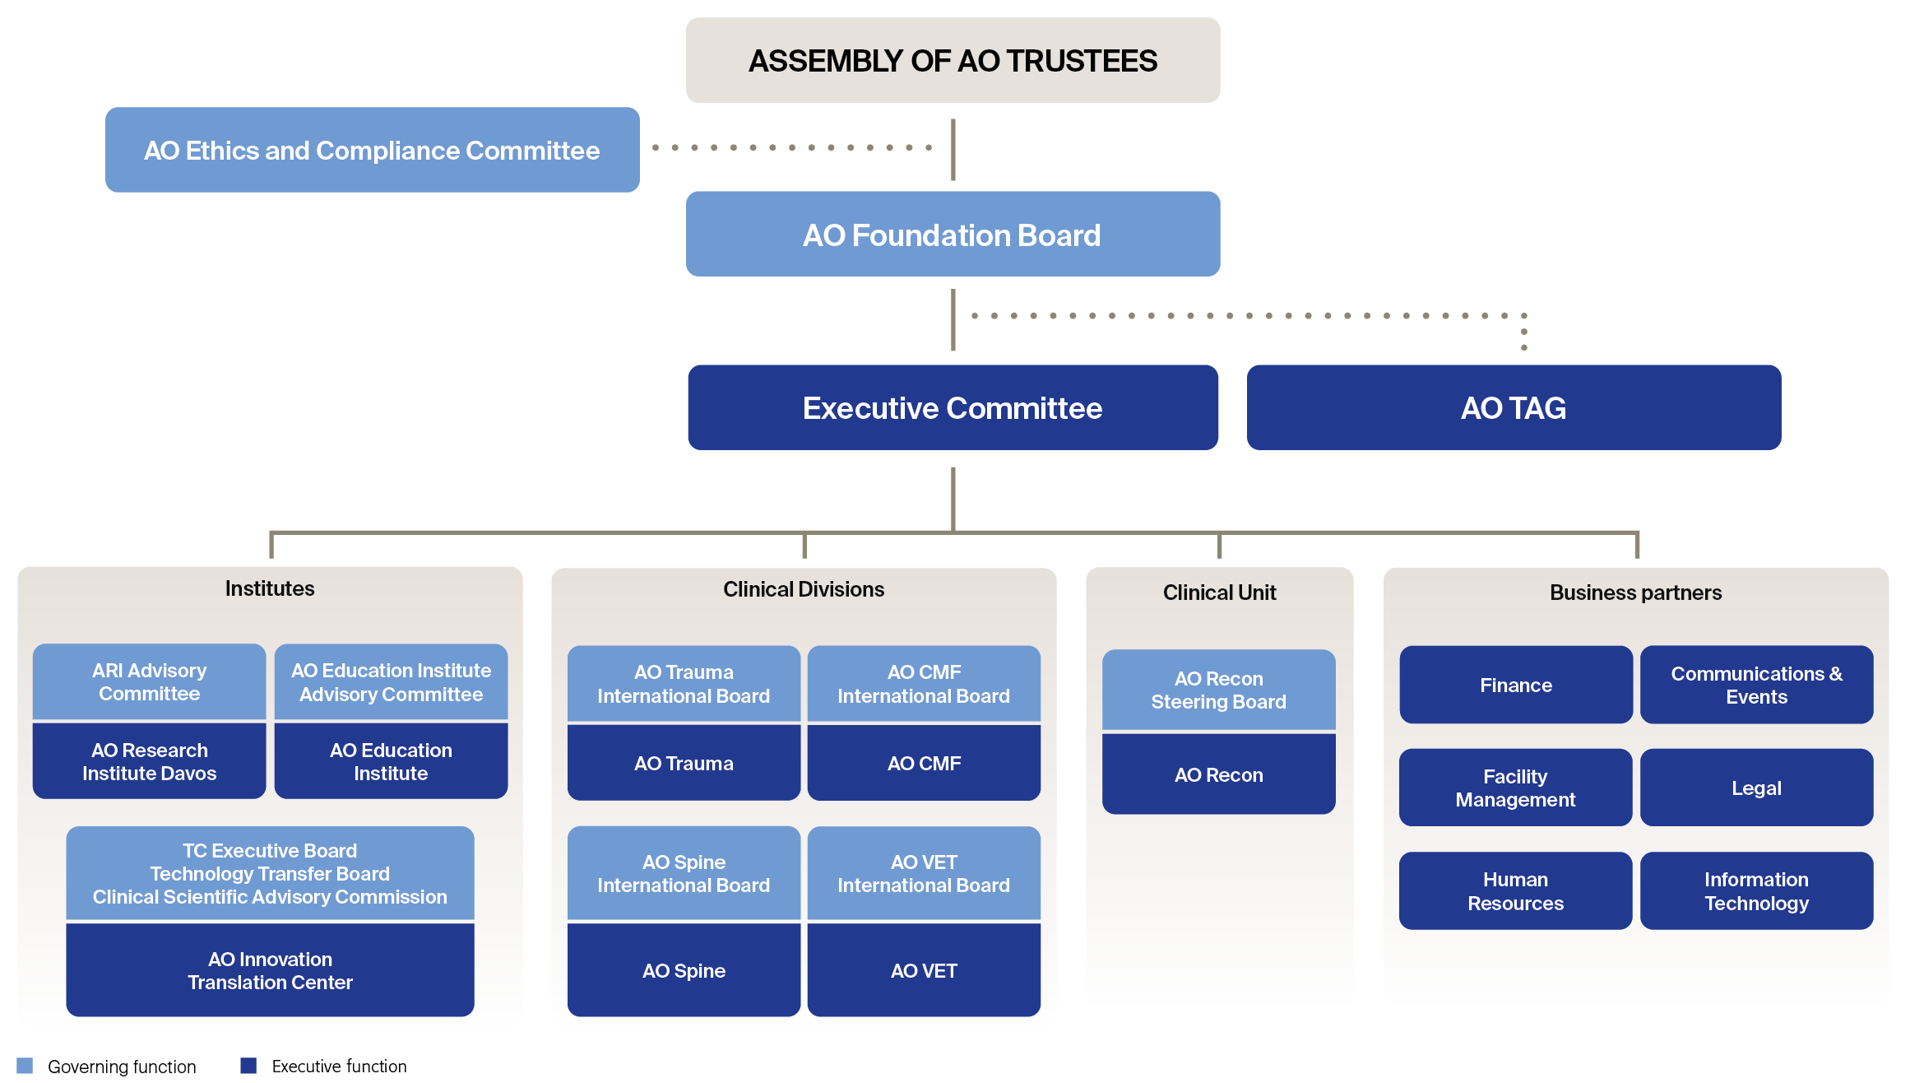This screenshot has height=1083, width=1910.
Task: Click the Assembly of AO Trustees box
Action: coord(953,60)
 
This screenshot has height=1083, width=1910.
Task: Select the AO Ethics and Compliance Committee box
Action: coord(372,150)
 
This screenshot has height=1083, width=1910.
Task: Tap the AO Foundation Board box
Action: coord(953,235)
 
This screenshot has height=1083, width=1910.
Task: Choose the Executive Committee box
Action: coord(953,408)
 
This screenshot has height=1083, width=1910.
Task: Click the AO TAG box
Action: coord(1514,408)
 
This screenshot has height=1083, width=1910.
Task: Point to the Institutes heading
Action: coord(270,588)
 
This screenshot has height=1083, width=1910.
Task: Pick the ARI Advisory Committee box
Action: coord(149,681)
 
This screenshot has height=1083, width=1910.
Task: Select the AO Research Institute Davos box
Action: coord(149,761)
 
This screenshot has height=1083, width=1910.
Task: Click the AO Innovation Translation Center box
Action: coord(270,970)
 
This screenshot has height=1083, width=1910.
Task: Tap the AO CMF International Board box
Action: coord(924,684)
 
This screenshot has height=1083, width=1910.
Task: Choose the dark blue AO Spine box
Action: coord(684,970)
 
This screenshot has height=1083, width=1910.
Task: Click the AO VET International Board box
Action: coord(924,873)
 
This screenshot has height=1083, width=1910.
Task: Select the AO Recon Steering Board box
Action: coord(1218,690)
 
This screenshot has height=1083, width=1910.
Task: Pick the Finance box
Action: coord(1516,685)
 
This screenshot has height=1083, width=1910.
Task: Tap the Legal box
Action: coord(1756,788)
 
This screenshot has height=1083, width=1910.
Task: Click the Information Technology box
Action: coord(1756,891)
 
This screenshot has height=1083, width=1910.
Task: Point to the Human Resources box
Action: coord(1516,891)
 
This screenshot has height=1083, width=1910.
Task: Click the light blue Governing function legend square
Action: coord(25,1066)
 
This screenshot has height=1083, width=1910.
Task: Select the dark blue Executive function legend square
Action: coord(248,1066)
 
